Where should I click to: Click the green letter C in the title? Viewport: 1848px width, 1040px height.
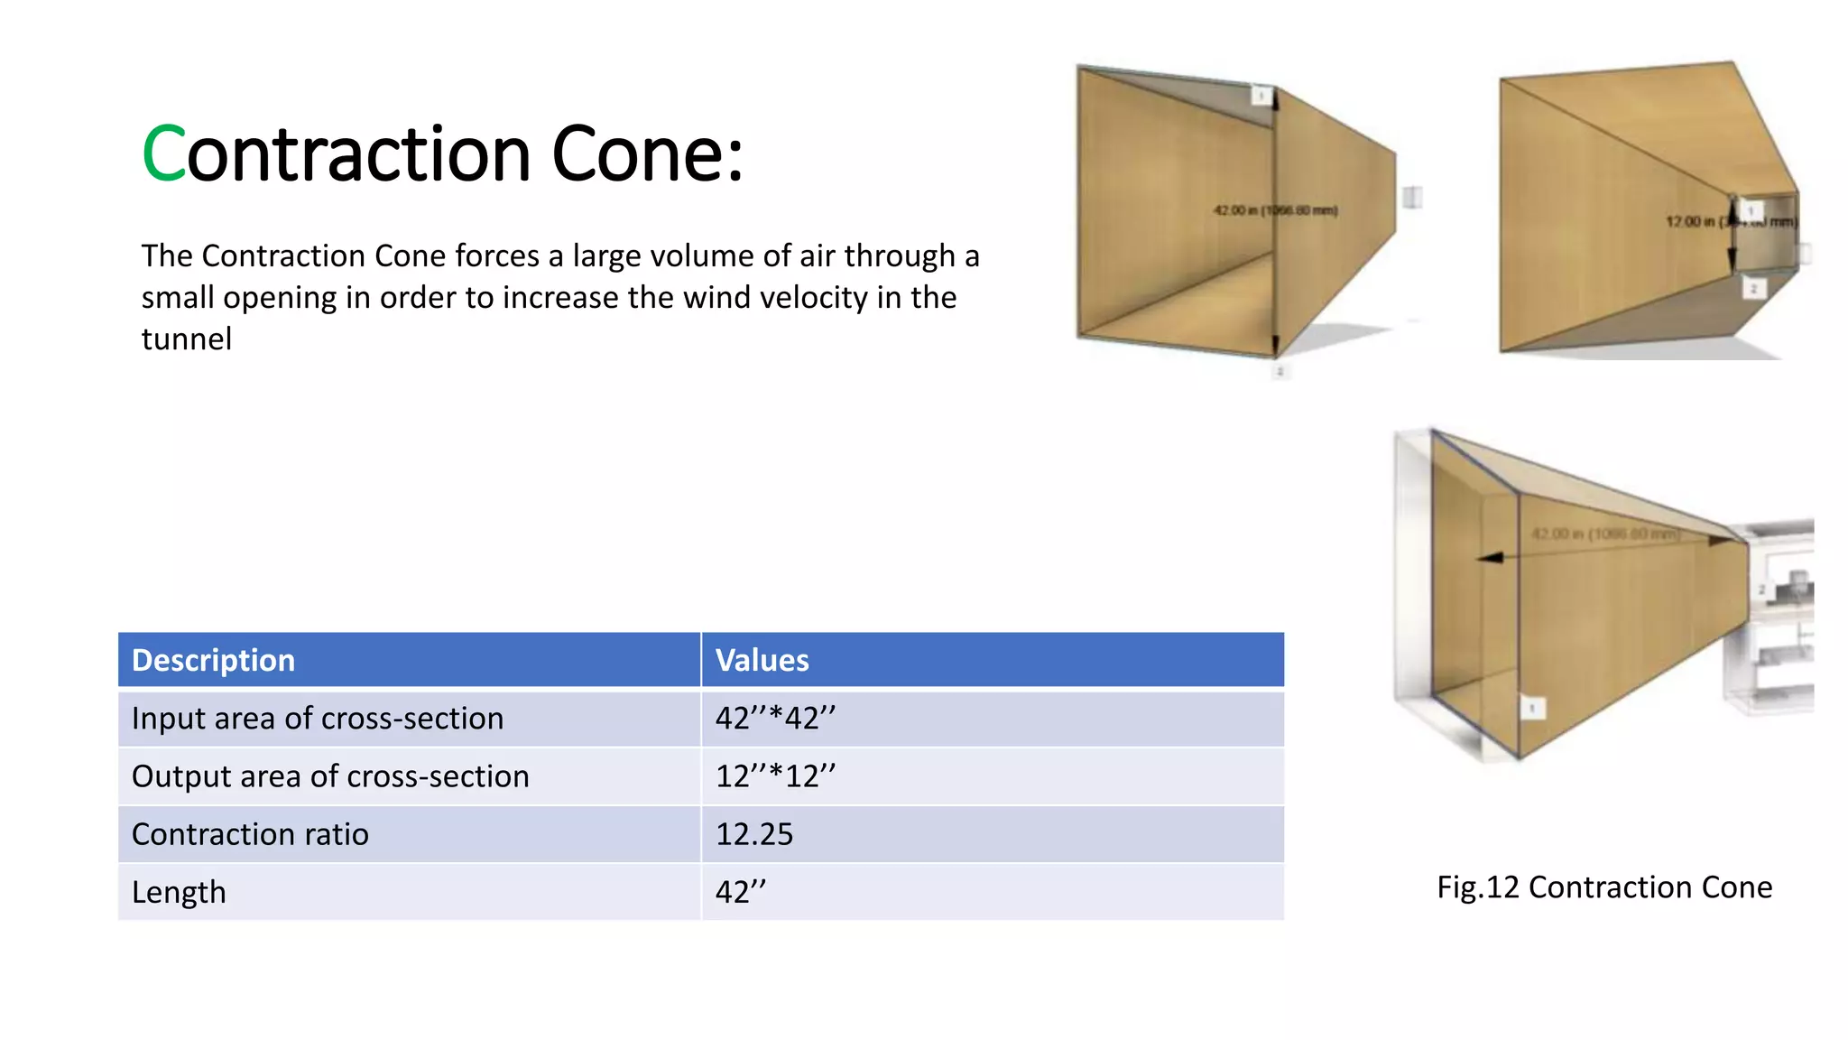163,154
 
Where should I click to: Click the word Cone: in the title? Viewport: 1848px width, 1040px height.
647,154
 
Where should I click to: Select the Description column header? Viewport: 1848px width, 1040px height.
213,660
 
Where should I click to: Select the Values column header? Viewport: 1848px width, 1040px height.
762,660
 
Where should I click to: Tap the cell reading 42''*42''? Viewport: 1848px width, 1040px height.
775,719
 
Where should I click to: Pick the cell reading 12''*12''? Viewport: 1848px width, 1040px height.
775,776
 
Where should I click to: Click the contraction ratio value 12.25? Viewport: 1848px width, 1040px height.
753,834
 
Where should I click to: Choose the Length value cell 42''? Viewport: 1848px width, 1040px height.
740,892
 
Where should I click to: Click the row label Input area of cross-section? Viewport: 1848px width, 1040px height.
318,719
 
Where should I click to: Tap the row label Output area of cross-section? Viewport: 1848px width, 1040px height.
330,776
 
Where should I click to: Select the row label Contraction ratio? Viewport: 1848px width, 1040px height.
250,834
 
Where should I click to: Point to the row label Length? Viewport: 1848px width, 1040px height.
179,892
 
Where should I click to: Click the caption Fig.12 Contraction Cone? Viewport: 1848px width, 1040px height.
1604,887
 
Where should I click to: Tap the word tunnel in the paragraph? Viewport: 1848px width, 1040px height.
187,339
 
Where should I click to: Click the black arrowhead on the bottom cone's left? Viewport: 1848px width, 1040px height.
1490,558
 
